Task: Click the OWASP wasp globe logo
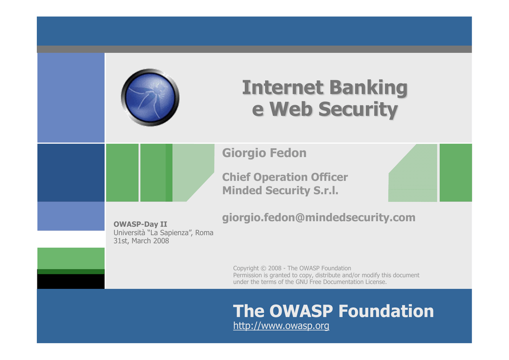tap(150, 97)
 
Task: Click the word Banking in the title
tap(368, 89)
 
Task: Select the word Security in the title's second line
tap(358, 109)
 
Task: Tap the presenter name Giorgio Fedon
tap(264, 153)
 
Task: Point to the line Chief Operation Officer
tap(285, 177)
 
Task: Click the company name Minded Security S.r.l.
tap(280, 190)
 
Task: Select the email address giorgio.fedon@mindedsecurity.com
tap(319, 217)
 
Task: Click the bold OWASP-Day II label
tap(140, 224)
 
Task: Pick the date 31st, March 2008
tap(141, 241)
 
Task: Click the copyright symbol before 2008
tap(263, 269)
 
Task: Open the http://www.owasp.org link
tap(281, 326)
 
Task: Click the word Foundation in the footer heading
tap(386, 311)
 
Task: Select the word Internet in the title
tap(283, 88)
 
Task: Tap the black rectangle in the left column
tap(71, 281)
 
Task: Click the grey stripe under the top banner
tap(254, 49)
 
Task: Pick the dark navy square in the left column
tap(71, 173)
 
